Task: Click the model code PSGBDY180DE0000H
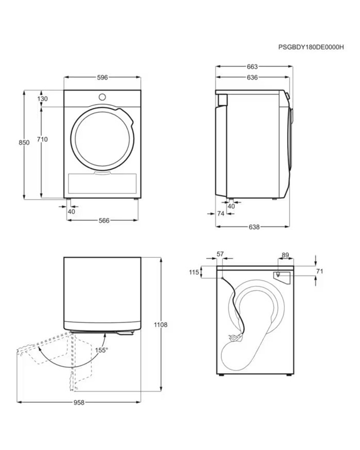311,47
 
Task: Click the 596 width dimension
102,77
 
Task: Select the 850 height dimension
24,142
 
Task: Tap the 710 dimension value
42,139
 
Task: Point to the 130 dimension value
42,99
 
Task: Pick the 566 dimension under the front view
104,220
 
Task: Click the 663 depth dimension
252,67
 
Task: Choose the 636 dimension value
252,77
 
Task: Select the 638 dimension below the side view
254,227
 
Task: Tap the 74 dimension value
220,213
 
